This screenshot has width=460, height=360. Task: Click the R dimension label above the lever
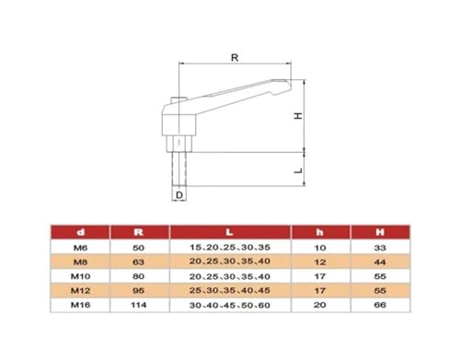[x=235, y=57]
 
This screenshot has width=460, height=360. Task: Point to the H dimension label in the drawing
[x=298, y=116]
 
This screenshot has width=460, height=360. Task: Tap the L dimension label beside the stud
[x=298, y=170]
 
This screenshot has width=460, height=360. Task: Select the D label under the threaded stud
[x=179, y=195]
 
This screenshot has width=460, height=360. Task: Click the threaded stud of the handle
[x=179, y=168]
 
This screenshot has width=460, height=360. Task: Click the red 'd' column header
[x=80, y=232]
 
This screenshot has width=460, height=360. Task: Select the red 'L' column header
[x=229, y=232]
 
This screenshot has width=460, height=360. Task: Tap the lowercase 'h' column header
[x=320, y=232]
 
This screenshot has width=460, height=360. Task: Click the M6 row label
[x=80, y=248]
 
